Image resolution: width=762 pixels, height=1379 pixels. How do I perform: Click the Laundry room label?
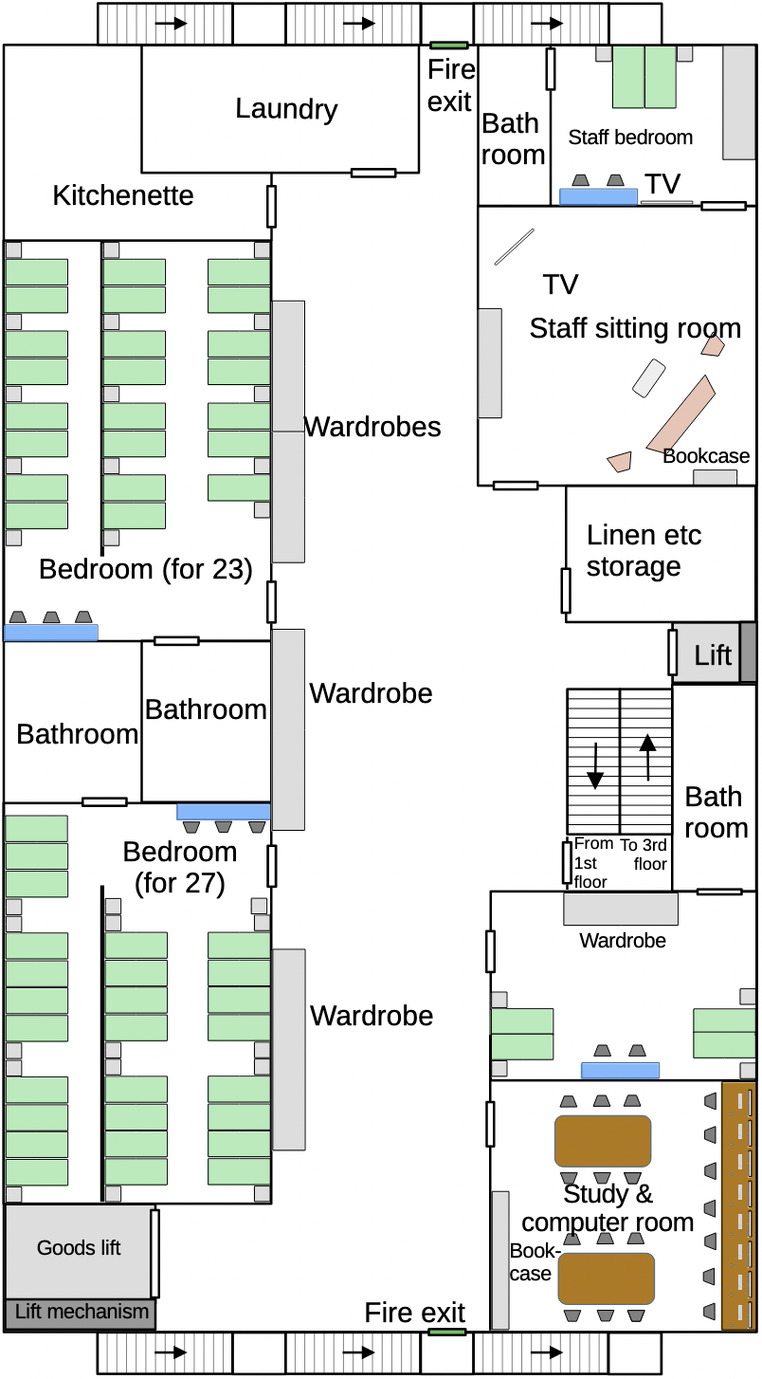(286, 109)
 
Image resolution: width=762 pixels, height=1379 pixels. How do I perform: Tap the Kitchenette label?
(123, 195)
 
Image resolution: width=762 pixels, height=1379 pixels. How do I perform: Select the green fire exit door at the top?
(449, 45)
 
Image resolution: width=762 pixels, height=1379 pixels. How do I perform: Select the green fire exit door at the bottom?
(446, 1332)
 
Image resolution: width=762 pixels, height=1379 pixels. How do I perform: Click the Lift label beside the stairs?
(713, 654)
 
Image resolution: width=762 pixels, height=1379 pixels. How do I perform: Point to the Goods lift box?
(79, 1248)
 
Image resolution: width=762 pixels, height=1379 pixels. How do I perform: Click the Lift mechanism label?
(82, 1313)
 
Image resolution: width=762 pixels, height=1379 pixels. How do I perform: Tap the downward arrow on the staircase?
(594, 766)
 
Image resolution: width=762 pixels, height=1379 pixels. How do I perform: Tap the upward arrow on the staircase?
(647, 755)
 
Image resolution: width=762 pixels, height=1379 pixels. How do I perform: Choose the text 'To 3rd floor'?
(644, 855)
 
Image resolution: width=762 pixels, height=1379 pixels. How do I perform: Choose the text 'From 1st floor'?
(591, 862)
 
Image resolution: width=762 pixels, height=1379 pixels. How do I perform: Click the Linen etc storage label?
(644, 550)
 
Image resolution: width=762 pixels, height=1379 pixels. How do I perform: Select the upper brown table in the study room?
(603, 1141)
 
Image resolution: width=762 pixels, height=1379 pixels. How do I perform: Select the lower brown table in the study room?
(606, 1278)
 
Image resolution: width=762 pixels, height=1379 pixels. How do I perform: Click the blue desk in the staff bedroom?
(598, 196)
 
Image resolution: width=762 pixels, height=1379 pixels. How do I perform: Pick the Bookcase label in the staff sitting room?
(706, 456)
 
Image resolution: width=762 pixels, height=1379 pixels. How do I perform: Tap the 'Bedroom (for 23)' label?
(146, 569)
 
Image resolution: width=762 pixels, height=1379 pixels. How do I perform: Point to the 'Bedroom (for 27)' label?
(180, 867)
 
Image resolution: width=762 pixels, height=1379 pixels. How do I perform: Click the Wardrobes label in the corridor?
(372, 427)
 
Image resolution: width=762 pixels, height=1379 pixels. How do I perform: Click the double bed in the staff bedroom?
(644, 76)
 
